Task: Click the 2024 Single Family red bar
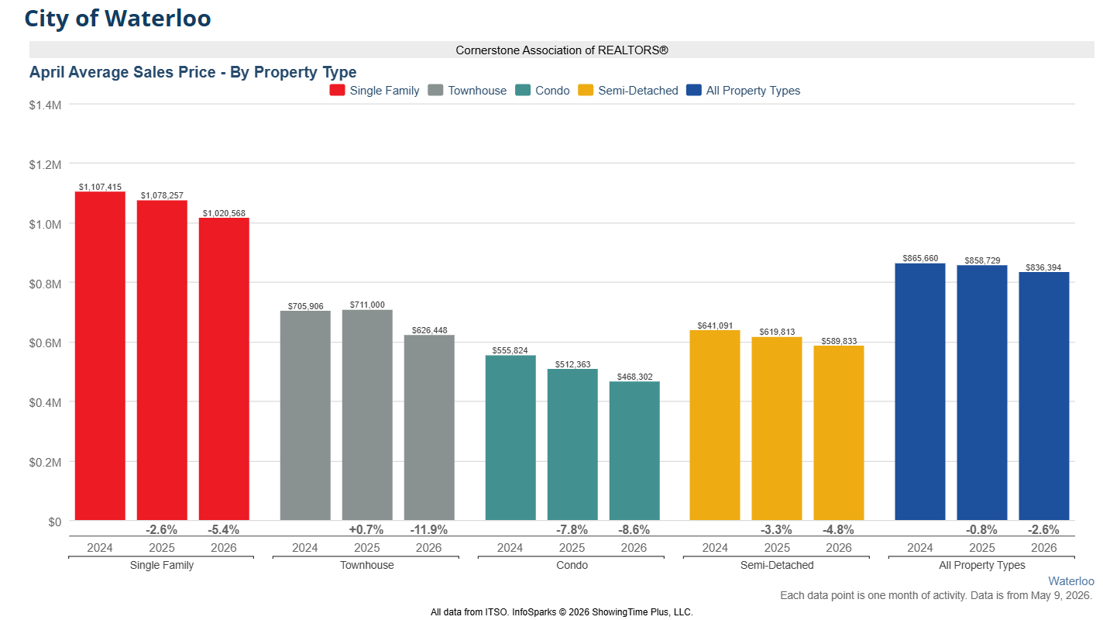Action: pos(100,356)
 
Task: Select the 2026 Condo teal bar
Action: pos(634,451)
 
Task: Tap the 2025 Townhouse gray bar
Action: pos(367,415)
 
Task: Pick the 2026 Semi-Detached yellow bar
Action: pos(839,433)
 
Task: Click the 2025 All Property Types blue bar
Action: pos(982,393)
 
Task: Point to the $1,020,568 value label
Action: pos(224,213)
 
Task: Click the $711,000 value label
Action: pos(367,305)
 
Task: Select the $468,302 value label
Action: pos(634,377)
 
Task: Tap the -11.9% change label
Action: pos(429,530)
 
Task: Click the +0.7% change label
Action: pos(366,530)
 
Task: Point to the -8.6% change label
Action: pos(634,530)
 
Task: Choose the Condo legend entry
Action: pos(543,91)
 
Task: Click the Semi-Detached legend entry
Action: pos(628,91)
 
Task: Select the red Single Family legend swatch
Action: pos(337,90)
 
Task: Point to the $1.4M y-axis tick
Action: pos(45,105)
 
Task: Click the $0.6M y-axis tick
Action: pos(45,343)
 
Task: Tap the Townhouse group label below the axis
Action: pos(367,565)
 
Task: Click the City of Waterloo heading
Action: pos(118,19)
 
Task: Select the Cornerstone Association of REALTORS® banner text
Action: pos(562,50)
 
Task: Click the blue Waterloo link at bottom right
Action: pos(1071,581)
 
